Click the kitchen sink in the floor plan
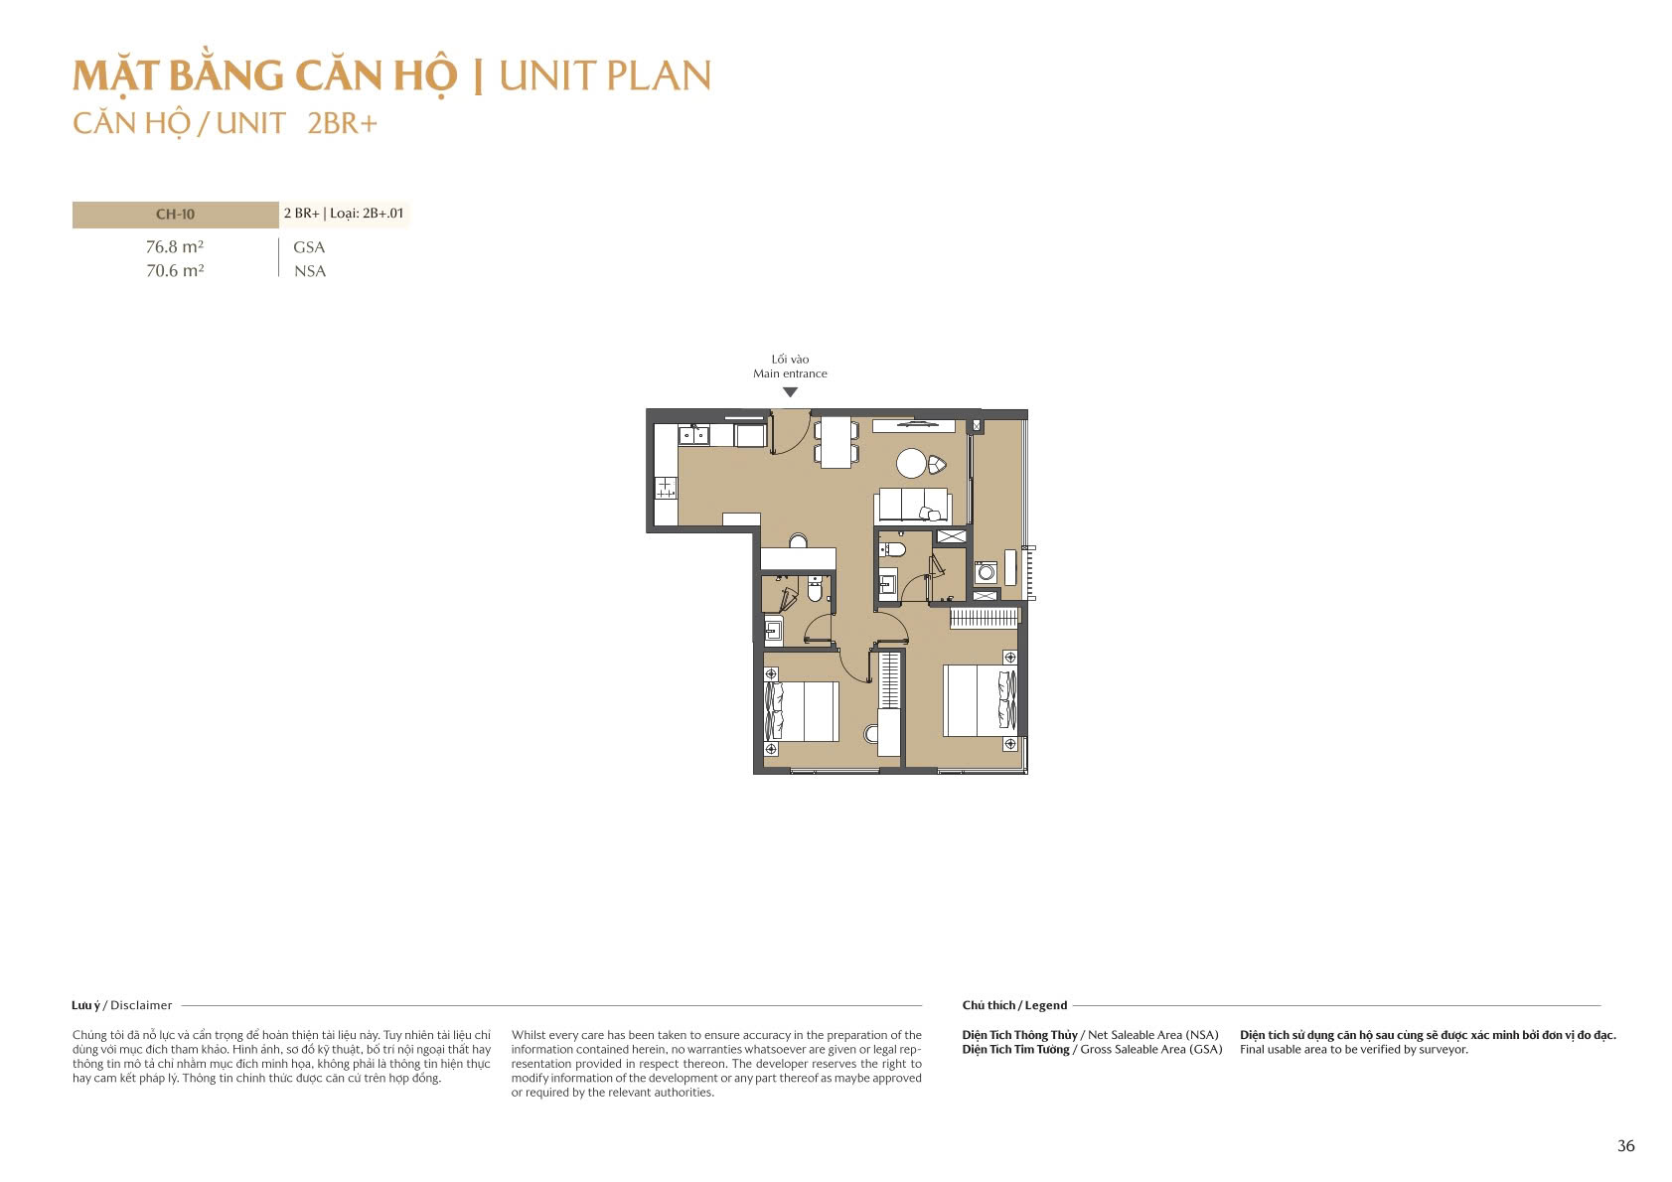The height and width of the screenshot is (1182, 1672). [693, 435]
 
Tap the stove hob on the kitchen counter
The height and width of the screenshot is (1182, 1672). [665, 488]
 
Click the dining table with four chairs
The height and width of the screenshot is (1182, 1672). [836, 442]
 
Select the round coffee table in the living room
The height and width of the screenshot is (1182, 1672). [911, 463]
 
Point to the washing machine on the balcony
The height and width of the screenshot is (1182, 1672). [986, 572]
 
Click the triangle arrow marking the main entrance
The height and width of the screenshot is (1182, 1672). [790, 392]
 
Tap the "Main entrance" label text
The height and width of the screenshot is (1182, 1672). [790, 373]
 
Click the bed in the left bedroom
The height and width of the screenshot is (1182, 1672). [802, 711]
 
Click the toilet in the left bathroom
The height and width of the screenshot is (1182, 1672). [815, 590]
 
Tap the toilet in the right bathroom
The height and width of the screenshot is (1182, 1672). [893, 549]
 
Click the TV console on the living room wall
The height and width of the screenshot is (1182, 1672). [913, 426]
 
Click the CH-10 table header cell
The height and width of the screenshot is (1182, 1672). [175, 215]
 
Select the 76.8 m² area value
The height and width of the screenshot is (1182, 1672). [175, 247]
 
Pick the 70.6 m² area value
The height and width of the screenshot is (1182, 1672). [175, 271]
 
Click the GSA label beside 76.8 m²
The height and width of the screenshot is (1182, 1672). [309, 247]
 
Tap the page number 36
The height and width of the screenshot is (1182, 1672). [1625, 1146]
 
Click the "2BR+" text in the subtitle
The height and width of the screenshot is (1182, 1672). [342, 123]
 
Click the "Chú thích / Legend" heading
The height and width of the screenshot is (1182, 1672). [1014, 1005]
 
